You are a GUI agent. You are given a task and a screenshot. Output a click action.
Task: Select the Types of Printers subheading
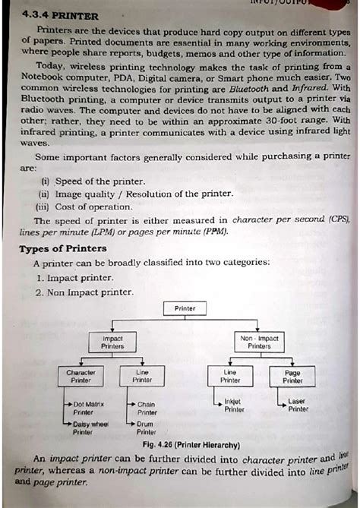coord(62,249)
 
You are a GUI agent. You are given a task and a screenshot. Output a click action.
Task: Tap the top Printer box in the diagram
coord(185,309)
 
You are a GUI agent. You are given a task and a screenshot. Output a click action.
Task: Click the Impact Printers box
coord(112,342)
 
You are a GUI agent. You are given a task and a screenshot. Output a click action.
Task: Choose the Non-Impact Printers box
coord(259,342)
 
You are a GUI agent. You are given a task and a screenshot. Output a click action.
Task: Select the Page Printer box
coord(292,377)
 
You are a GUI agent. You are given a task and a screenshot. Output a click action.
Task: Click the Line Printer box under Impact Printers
coord(142,377)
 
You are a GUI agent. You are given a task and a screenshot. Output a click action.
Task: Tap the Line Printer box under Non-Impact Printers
coord(230,377)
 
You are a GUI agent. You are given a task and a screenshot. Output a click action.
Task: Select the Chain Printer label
coord(147,409)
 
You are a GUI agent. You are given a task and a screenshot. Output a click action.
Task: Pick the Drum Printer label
coord(147,428)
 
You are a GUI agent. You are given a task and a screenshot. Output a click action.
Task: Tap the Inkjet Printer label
coord(234,405)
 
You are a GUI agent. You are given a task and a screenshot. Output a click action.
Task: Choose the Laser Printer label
coord(298,405)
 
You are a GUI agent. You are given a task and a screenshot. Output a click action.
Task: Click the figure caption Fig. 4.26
coord(185,444)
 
